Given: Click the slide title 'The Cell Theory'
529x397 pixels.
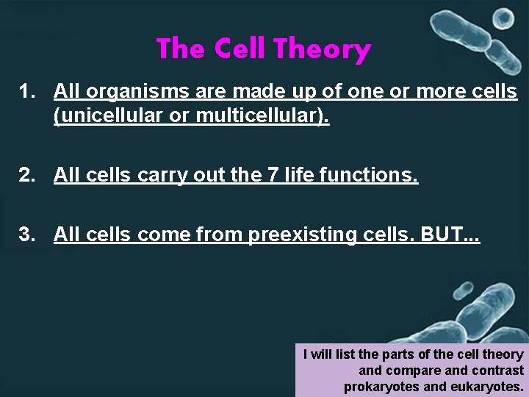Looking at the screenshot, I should pyautogui.click(x=263, y=49).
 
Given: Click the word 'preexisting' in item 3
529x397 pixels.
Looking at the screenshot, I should pyautogui.click(x=299, y=235).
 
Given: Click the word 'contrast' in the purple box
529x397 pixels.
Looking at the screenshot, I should pyautogui.click(x=500, y=371).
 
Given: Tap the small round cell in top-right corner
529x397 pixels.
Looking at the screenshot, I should pyautogui.click(x=503, y=18).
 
